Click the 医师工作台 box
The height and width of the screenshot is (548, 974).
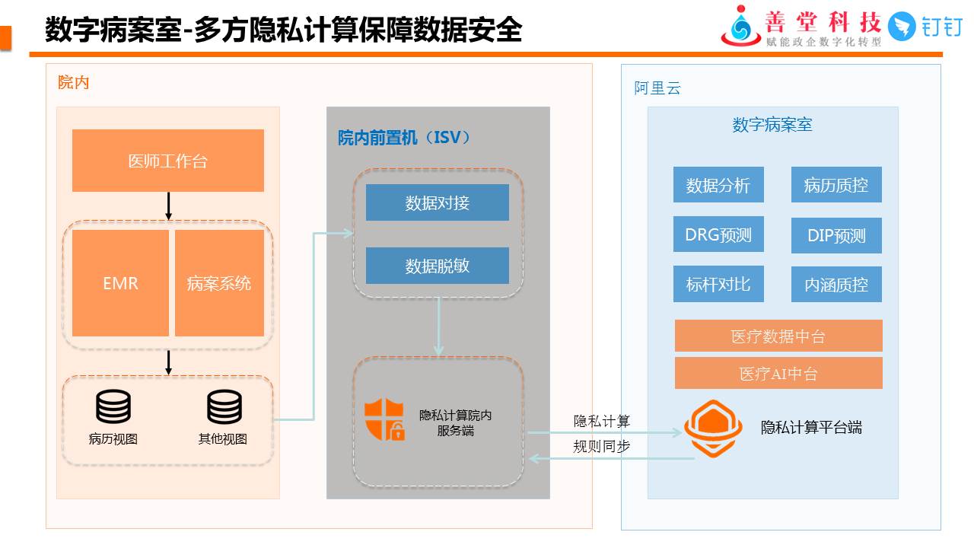click(x=167, y=161)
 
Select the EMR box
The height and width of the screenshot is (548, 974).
click(x=120, y=283)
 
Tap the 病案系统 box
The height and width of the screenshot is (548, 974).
click(x=219, y=283)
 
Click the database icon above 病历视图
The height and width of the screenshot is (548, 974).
click(x=113, y=407)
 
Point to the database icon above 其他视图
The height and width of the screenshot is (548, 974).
click(x=224, y=407)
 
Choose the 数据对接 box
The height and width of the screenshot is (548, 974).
click(x=437, y=202)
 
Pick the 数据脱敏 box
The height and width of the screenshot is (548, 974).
click(x=437, y=266)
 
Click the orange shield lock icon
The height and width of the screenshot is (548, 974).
click(x=384, y=419)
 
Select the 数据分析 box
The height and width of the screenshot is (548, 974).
click(x=718, y=185)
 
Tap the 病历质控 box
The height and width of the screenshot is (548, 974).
click(x=836, y=185)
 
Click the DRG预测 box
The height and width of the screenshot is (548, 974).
click(x=718, y=234)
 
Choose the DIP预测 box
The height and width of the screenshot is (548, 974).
click(x=836, y=235)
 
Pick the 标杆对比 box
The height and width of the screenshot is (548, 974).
click(x=718, y=284)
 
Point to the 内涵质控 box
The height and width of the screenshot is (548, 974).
click(x=836, y=285)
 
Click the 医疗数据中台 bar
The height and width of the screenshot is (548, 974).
click(x=778, y=336)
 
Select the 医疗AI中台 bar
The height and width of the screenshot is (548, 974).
click(x=778, y=373)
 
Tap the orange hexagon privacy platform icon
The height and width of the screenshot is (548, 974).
click(x=713, y=428)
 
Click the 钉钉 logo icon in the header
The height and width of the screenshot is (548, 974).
click(x=902, y=27)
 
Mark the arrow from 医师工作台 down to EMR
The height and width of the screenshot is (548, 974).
click(x=168, y=205)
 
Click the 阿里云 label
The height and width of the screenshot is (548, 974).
click(x=657, y=88)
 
